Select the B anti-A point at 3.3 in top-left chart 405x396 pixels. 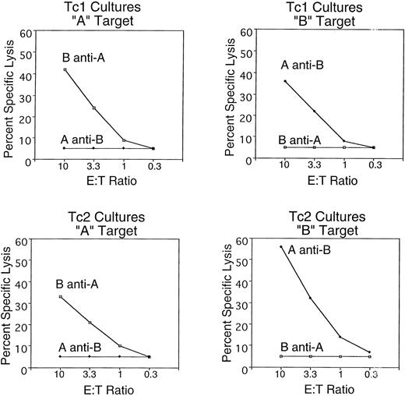[x=93, y=108]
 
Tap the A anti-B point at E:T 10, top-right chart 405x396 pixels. [x=285, y=81]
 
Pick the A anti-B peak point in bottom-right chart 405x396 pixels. [x=281, y=247]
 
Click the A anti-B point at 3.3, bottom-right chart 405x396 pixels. [x=310, y=298]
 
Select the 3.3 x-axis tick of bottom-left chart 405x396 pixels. [x=90, y=374]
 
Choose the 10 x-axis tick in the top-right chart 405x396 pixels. [x=285, y=166]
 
